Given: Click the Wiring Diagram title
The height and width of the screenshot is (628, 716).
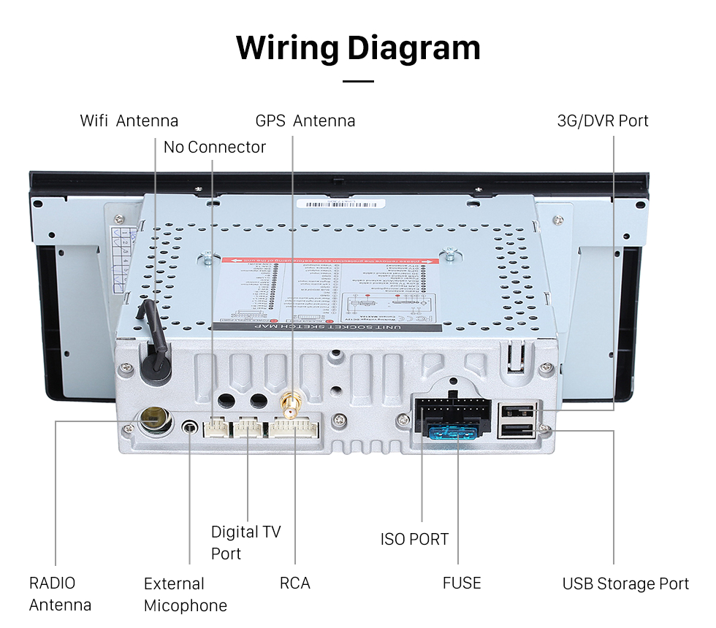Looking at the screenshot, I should (x=358, y=47).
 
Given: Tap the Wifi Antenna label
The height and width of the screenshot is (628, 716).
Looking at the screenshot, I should (x=129, y=120).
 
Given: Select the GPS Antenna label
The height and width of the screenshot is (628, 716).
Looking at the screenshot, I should (x=305, y=120).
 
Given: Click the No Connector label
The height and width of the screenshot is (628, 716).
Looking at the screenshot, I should (x=214, y=147).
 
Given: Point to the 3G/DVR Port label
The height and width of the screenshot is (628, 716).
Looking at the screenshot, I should (x=602, y=120).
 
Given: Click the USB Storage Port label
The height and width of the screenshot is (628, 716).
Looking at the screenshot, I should (x=625, y=583).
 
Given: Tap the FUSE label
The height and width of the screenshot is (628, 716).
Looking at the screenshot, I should (x=461, y=583).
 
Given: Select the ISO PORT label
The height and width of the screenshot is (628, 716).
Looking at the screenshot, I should (x=414, y=540).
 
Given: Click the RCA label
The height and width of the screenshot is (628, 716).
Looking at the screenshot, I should (x=294, y=583).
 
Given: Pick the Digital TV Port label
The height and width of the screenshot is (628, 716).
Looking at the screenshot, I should (x=245, y=543).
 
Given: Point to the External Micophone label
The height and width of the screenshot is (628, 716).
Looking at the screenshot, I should (x=185, y=594).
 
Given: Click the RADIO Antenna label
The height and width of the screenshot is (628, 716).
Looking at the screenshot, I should (x=60, y=594).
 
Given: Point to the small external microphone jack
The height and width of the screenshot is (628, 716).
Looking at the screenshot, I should (x=191, y=426).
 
